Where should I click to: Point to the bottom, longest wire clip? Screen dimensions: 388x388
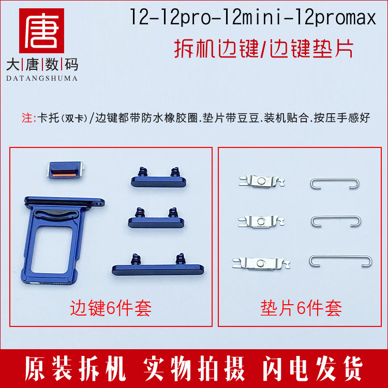[x=340, y=260]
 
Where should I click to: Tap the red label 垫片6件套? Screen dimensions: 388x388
[x=301, y=309]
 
